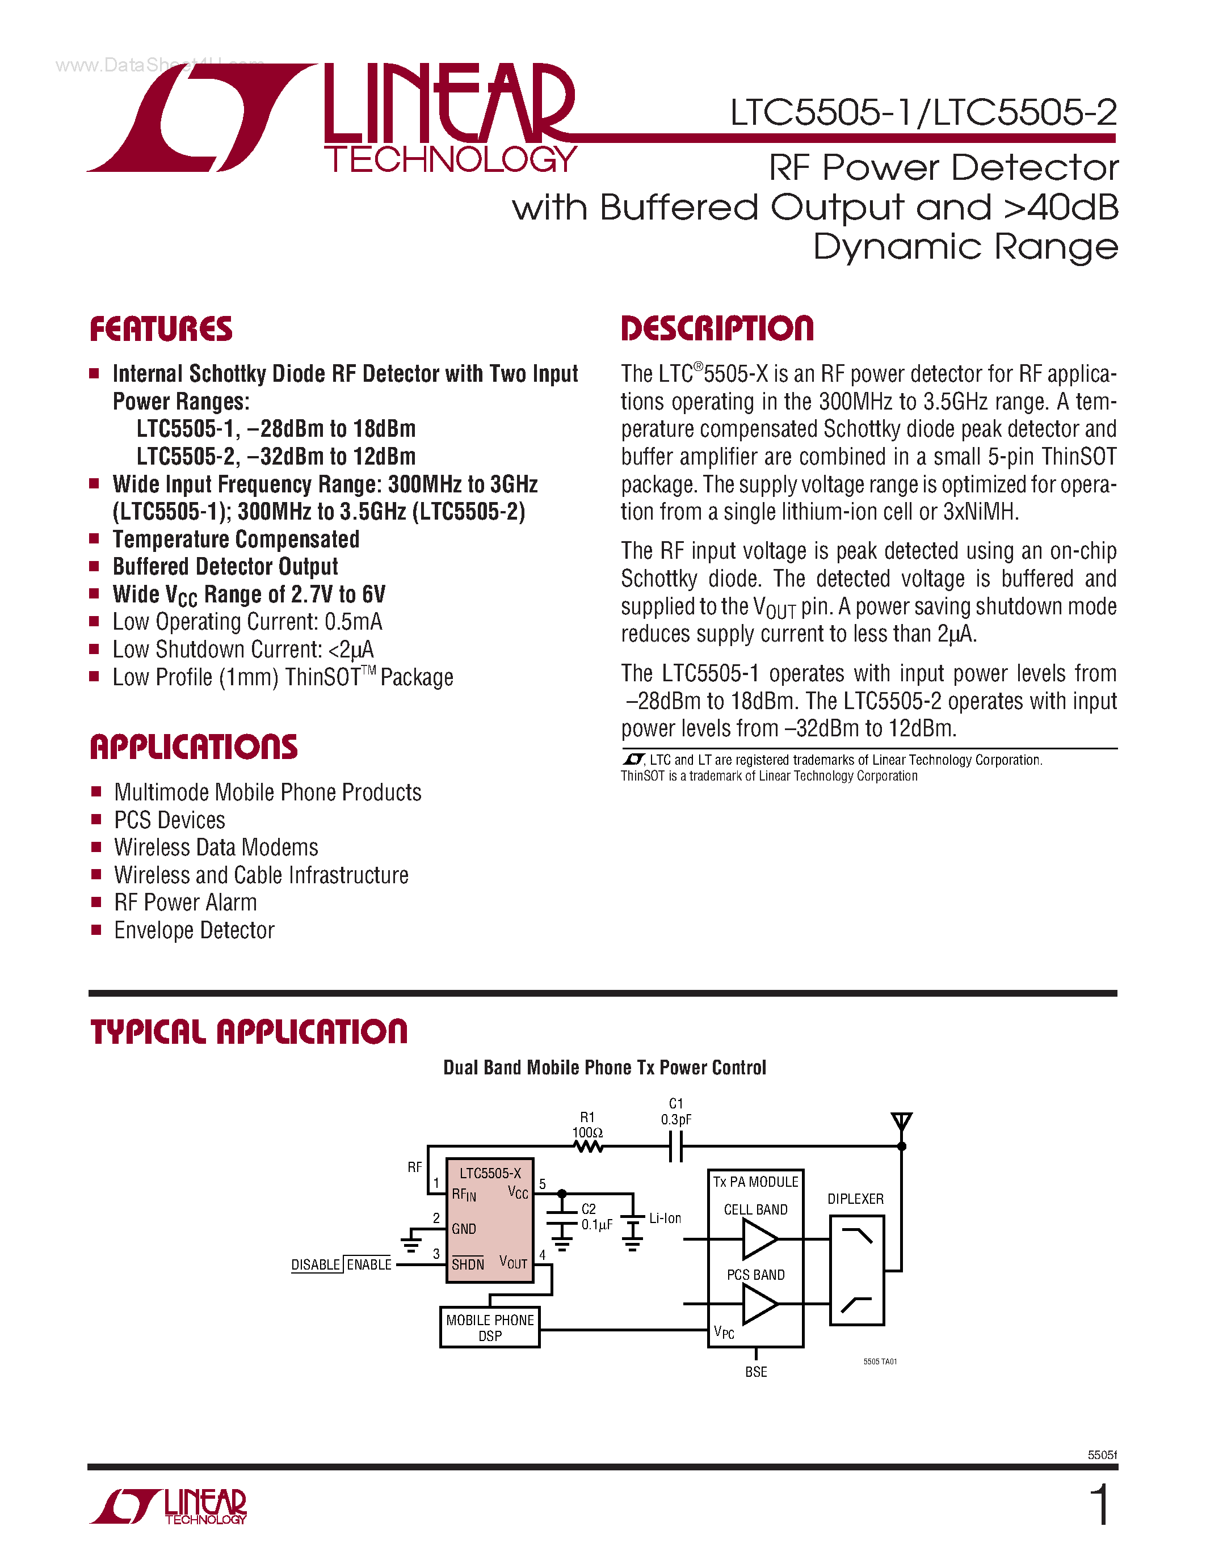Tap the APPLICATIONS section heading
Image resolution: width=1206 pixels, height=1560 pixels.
click(194, 747)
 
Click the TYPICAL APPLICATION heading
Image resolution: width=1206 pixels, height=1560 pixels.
click(249, 1032)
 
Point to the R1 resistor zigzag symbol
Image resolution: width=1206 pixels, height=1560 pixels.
click(589, 1146)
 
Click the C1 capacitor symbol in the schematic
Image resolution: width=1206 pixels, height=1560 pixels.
click(676, 1147)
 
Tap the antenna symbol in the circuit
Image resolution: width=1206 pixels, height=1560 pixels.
click(902, 1122)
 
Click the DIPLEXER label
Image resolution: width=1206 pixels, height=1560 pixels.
click(855, 1199)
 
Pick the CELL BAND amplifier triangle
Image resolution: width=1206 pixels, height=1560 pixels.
click(759, 1238)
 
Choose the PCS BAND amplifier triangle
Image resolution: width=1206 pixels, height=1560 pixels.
click(759, 1304)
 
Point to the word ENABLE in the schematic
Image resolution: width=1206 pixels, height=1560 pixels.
click(369, 1265)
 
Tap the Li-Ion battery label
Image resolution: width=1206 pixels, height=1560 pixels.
click(665, 1219)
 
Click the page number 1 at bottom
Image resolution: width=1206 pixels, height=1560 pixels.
click(1100, 1504)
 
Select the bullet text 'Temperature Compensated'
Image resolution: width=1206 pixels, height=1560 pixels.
click(236, 539)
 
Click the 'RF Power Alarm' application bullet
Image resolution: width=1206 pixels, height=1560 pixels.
click(185, 903)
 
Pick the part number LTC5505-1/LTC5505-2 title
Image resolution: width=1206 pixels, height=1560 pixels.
click(922, 112)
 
